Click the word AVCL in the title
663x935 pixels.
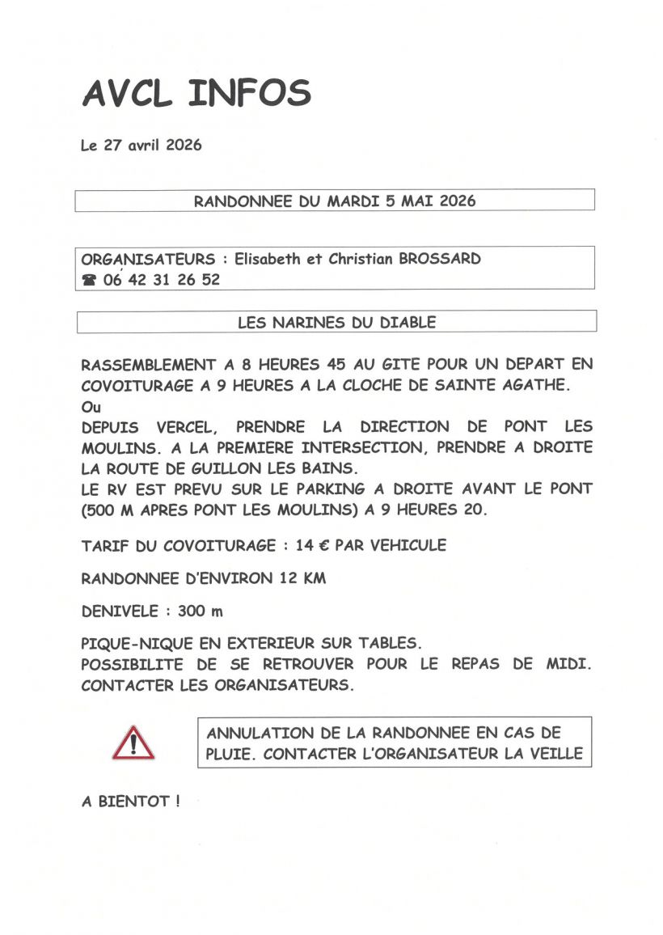[127, 94]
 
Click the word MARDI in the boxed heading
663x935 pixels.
[353, 201]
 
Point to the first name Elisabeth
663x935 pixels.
[267, 260]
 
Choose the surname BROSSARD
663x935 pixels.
[440, 260]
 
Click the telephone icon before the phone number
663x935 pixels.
[89, 281]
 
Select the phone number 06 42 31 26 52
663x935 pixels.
[162, 280]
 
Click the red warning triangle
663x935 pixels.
[133, 742]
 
